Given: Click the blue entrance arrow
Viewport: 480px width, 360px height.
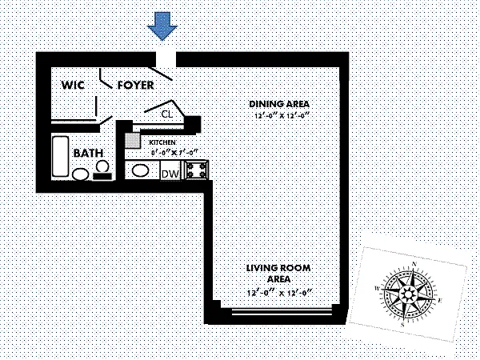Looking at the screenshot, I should point(164,26).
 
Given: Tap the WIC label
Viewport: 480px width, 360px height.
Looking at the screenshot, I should point(73,85).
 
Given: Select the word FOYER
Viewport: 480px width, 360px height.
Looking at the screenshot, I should point(136,85).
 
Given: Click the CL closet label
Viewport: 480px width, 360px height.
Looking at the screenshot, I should point(167,114).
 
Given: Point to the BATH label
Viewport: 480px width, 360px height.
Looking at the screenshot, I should point(86,153).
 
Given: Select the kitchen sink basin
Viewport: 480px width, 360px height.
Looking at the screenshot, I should point(141,171).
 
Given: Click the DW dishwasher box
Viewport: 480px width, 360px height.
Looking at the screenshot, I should point(170,174).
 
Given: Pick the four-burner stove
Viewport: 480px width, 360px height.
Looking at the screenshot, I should point(196,170).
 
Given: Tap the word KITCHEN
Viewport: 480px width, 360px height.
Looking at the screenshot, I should point(162,142).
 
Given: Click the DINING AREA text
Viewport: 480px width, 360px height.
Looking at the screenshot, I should point(278,105).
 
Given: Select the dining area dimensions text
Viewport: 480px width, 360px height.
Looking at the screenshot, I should point(278,118).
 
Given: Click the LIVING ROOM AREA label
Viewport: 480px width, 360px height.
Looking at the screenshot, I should point(278,272).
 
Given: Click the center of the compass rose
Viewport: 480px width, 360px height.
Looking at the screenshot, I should point(410,293).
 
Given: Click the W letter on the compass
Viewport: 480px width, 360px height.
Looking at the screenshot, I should point(377,286).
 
